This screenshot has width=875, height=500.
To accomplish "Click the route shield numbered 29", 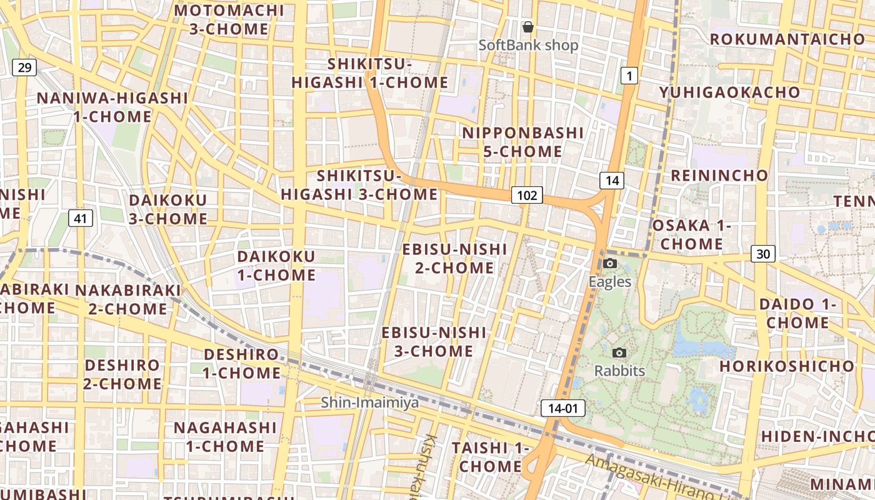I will [24, 67].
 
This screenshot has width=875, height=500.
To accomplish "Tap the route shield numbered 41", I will [80, 218].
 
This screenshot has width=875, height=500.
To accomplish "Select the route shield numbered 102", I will [527, 195].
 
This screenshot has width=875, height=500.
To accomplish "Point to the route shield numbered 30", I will [763, 254].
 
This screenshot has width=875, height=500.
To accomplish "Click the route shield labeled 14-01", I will [562, 409].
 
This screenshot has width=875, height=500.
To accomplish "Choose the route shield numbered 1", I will [629, 76].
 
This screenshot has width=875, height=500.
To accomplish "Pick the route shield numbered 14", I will [612, 181].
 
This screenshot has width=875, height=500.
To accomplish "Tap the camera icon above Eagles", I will [611, 263].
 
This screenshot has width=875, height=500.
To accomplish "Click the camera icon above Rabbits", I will [619, 352].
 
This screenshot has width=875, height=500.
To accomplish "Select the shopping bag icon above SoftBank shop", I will [528, 27].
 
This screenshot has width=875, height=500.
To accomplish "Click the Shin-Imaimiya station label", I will [370, 402].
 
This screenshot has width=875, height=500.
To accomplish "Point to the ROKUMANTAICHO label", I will [787, 39].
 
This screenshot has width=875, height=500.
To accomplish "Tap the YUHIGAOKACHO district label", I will [729, 92].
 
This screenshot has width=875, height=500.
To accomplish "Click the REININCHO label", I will [719, 175].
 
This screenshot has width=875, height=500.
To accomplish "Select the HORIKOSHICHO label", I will [787, 366].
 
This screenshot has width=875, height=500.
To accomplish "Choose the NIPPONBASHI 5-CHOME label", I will [523, 142].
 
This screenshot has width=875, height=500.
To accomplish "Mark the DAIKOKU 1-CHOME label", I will [276, 266].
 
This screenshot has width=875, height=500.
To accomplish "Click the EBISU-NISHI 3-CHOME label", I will [434, 341].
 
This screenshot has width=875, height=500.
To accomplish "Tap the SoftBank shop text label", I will [528, 45].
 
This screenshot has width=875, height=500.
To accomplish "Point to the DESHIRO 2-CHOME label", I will [122, 374].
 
